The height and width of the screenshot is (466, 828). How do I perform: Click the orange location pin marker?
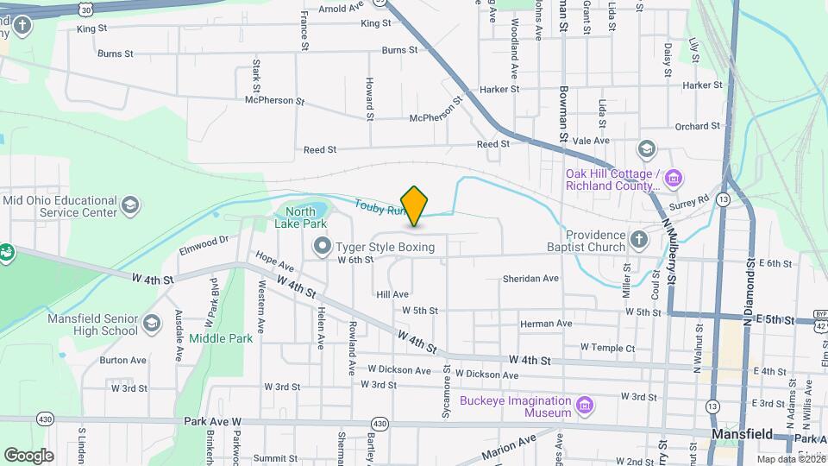click(415, 205)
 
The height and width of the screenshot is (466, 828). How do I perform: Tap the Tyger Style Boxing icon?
click(323, 248)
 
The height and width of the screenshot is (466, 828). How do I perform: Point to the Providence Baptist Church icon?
click(638, 239)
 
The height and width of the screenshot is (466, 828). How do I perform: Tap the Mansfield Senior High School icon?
click(152, 324)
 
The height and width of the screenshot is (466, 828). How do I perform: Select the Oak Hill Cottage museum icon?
click(674, 179)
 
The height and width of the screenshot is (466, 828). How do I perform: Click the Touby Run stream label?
click(379, 207)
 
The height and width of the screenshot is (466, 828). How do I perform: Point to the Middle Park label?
click(221, 338)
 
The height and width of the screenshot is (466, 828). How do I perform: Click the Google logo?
click(28, 455)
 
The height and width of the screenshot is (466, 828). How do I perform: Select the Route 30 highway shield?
click(84, 8)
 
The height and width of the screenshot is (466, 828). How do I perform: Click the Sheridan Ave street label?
click(531, 279)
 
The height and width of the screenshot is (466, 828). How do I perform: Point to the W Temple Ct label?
click(607, 347)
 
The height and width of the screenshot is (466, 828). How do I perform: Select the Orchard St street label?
click(697, 126)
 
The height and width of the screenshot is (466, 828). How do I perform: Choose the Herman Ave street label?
click(546, 324)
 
